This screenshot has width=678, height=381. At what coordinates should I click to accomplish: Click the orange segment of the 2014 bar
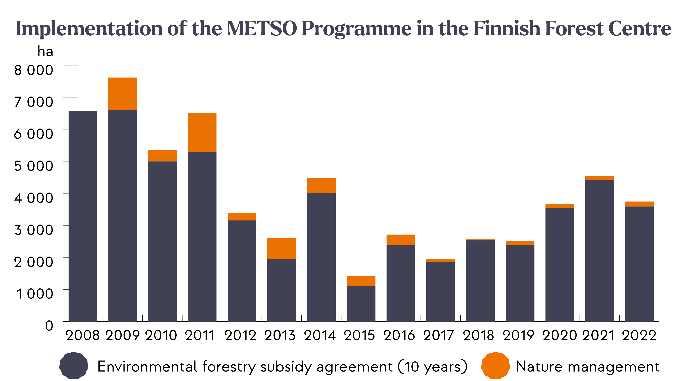point(321,185)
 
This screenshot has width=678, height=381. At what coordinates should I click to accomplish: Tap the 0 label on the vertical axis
point(49,325)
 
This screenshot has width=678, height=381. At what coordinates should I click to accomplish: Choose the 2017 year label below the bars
point(439,335)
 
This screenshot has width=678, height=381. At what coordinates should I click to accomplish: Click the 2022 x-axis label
point(639,335)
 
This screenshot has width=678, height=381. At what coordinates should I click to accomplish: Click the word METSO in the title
point(262,28)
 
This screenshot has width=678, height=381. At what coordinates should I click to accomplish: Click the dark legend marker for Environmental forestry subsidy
point(74,366)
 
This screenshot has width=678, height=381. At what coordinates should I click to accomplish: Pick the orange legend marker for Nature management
point(495,366)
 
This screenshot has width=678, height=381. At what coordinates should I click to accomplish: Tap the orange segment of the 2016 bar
point(401,240)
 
